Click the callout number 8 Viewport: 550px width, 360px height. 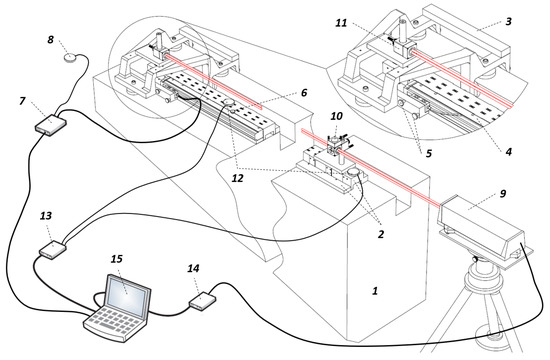tap(51, 39)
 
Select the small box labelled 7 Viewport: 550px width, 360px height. tap(51, 124)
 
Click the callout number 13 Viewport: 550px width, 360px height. tap(46, 216)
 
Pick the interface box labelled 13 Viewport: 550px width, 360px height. tap(52, 249)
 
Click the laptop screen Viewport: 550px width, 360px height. tap(126, 294)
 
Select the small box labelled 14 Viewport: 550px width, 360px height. tap(202, 301)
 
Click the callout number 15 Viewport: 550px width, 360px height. tap(117, 259)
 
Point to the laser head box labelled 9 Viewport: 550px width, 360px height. tap(481, 231)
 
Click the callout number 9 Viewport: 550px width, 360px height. tap(503, 193)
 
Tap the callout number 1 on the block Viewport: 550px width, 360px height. tap(375, 291)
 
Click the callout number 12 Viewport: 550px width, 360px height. tap(237, 178)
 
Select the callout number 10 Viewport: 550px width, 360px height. tap(336, 115)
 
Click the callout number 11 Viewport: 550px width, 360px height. tap(341, 23)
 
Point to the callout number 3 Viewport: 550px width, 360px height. tap(508, 21)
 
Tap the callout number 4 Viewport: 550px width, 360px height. tap(508, 152)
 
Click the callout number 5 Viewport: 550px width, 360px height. tap(428, 153)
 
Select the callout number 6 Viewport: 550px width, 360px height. tap(304, 92)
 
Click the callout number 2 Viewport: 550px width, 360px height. tap(381, 234)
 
